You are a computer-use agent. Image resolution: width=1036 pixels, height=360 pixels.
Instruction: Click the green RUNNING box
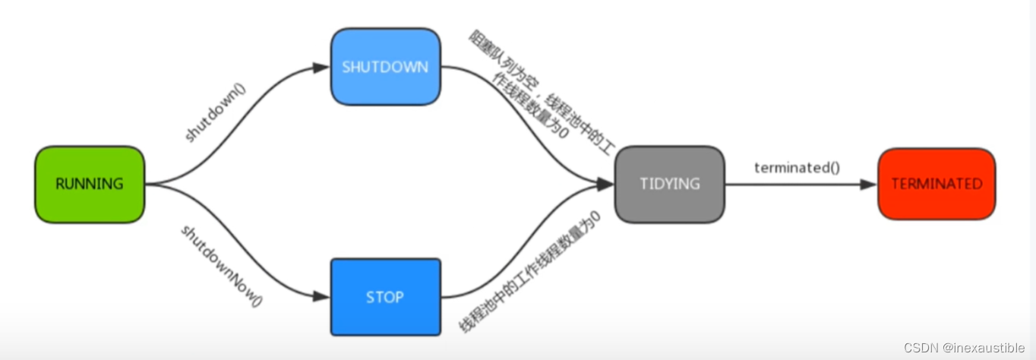pos(90,185)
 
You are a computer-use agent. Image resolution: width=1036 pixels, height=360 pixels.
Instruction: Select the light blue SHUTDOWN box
pos(385,67)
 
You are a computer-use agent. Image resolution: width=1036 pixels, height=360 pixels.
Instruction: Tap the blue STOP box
pos(385,297)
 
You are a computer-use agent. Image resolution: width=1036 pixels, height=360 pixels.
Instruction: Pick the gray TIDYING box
pos(669,185)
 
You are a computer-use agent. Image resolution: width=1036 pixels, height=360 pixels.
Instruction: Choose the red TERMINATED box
pos(936,185)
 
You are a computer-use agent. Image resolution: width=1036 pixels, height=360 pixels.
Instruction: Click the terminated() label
pos(797,168)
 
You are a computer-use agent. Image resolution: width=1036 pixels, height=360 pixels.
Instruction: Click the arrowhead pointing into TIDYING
pos(605,185)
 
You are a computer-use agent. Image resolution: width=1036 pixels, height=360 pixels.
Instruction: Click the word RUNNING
pos(90,185)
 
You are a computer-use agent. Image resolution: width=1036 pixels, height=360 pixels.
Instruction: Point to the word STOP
pos(385,297)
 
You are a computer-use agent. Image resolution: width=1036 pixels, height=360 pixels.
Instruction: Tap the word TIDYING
pos(669,185)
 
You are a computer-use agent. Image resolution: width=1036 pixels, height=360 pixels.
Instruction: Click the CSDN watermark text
pos(920,348)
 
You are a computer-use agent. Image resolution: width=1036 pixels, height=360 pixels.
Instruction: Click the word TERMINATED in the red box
pos(936,185)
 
